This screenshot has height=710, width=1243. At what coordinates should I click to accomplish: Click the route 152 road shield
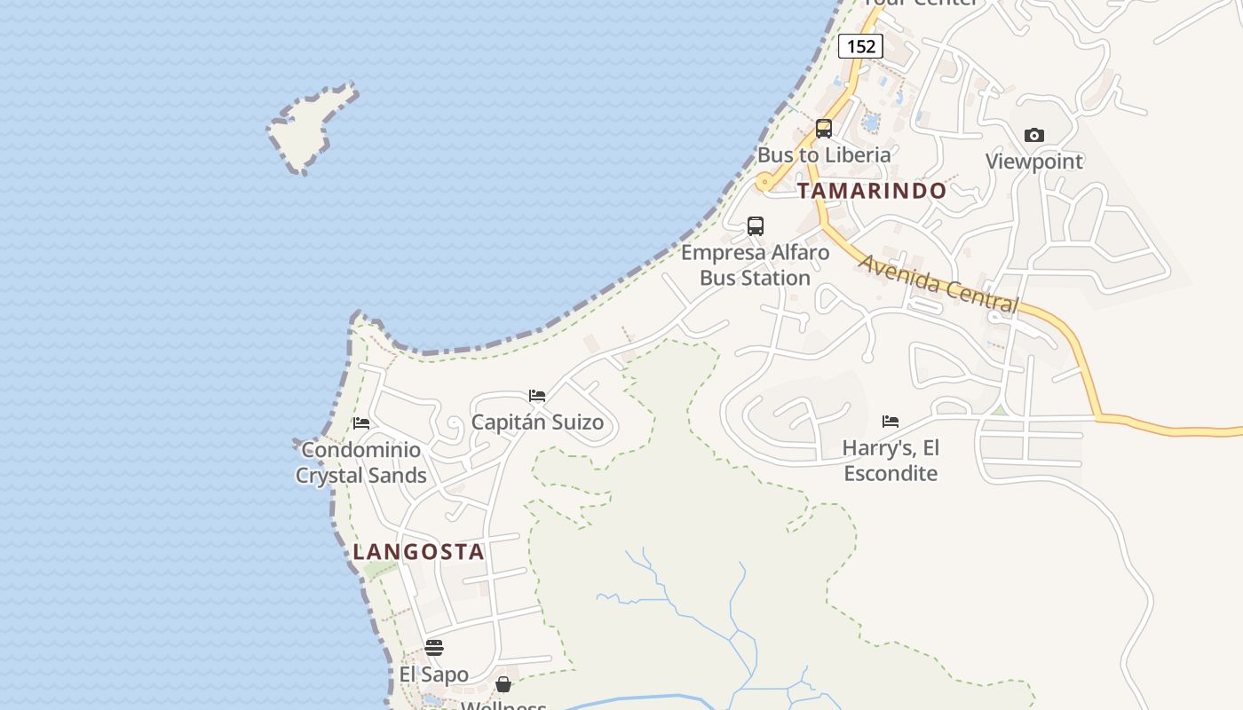(x=860, y=46)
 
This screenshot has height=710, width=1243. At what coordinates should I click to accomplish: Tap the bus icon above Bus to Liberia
(x=824, y=129)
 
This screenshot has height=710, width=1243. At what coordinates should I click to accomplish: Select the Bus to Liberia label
(x=824, y=155)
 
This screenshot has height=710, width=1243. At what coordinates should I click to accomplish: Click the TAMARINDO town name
(x=872, y=191)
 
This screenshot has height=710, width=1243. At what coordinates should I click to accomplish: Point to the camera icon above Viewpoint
(x=1034, y=136)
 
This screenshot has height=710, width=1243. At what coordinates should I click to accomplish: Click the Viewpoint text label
(x=1034, y=162)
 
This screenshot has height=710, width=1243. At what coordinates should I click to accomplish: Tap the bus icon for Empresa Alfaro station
(x=756, y=226)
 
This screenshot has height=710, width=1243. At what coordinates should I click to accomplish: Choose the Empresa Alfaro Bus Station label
(x=756, y=264)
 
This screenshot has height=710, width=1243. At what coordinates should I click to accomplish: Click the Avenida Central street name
(x=938, y=284)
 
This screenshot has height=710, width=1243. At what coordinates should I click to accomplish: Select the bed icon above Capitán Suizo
(x=537, y=396)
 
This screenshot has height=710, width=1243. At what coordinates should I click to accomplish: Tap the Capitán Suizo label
(x=537, y=422)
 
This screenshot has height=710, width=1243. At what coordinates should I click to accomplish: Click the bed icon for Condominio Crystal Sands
(x=361, y=423)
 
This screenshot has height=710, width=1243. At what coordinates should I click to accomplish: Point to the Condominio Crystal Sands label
(x=361, y=462)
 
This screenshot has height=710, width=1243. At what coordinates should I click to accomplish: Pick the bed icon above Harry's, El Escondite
(x=891, y=422)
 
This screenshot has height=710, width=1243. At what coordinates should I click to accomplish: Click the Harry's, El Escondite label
(x=891, y=460)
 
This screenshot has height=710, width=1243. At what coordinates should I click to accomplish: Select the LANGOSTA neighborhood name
(x=419, y=552)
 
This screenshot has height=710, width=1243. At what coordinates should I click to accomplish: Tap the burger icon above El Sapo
(x=434, y=648)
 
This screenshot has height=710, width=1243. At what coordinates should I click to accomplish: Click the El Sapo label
(x=434, y=674)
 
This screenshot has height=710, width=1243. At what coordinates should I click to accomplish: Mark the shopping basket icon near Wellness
(x=503, y=684)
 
